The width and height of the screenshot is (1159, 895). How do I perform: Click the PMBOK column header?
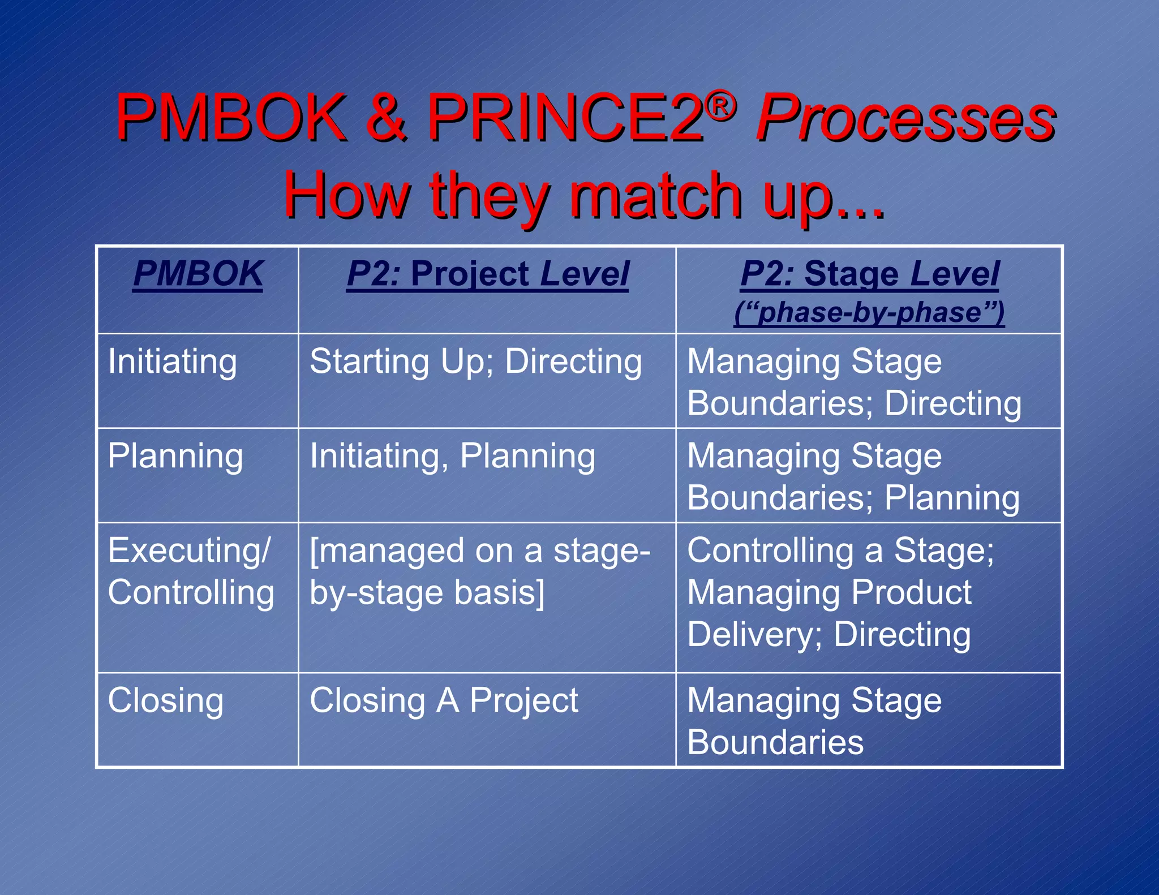pos(198,274)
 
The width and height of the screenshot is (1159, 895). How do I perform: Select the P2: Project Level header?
pos(487,274)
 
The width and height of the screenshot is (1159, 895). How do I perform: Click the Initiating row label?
pos(172,362)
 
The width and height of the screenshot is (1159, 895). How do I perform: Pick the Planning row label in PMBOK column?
pos(175,457)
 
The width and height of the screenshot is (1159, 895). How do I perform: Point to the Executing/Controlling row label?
pos(191,571)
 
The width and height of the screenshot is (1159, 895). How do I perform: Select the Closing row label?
pos(165,701)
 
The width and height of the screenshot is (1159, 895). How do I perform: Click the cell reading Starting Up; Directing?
pos(475,362)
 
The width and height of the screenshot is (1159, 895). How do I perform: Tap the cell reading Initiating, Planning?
pos(452,457)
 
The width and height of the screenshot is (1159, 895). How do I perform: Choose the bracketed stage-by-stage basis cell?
pos(480,571)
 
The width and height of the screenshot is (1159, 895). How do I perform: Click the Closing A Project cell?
pos(444,701)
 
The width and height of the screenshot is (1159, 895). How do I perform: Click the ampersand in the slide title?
pos(386,118)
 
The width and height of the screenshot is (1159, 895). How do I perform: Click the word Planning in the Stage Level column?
pos(952,498)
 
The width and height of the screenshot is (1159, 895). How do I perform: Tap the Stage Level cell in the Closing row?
pos(814,721)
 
